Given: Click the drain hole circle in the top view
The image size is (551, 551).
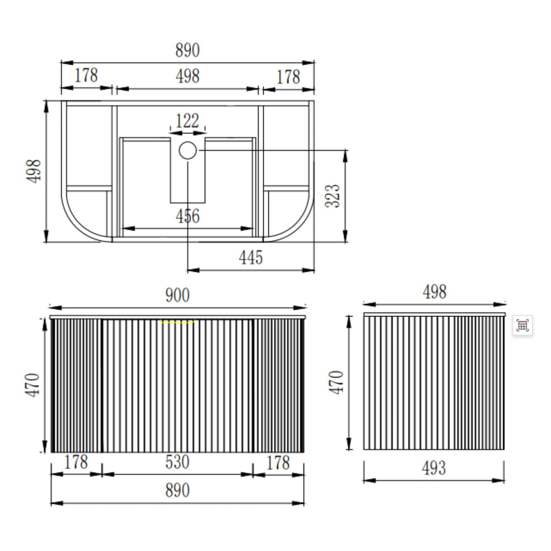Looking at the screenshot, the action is (188, 150).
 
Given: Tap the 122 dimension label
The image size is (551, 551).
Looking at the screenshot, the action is (187, 121).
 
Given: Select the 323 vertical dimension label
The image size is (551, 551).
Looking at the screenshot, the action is (332, 196).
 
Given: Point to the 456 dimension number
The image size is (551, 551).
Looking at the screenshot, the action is (188, 216).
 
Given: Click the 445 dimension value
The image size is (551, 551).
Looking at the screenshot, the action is (251, 257).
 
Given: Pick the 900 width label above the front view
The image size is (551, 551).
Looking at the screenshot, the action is (177, 295).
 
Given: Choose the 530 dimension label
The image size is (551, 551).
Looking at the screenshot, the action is (177, 462).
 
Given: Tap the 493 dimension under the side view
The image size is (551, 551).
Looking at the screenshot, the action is (434, 468).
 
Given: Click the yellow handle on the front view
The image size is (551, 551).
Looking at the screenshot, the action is (177, 322).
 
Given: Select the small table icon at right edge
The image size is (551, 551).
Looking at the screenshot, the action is (522, 326).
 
